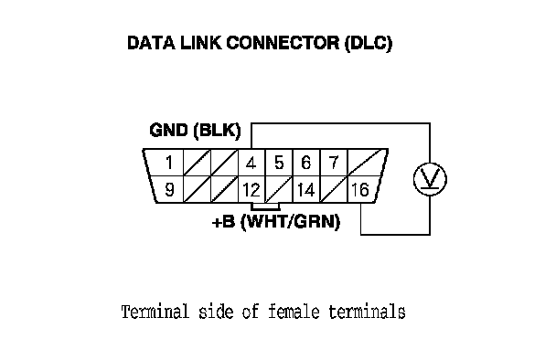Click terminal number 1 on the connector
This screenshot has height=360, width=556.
(169, 163)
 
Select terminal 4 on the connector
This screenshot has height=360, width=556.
(251, 163)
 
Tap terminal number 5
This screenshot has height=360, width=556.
(279, 163)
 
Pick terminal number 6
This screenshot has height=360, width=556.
(306, 163)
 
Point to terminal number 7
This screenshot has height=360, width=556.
(333, 163)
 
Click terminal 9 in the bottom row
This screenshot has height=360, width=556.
(169, 189)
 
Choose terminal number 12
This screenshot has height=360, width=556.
(251, 190)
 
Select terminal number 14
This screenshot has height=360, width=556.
(305, 190)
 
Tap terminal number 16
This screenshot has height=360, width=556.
(360, 190)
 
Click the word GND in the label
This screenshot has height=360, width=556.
(169, 130)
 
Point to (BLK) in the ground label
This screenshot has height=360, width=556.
(217, 131)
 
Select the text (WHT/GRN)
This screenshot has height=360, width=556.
(291, 222)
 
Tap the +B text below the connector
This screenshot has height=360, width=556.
(223, 222)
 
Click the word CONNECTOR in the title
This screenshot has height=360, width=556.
(283, 43)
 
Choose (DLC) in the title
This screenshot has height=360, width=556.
(369, 43)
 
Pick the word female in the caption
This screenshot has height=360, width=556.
(294, 312)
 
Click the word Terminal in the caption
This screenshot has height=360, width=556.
(155, 312)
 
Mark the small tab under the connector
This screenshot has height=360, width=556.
(265, 206)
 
